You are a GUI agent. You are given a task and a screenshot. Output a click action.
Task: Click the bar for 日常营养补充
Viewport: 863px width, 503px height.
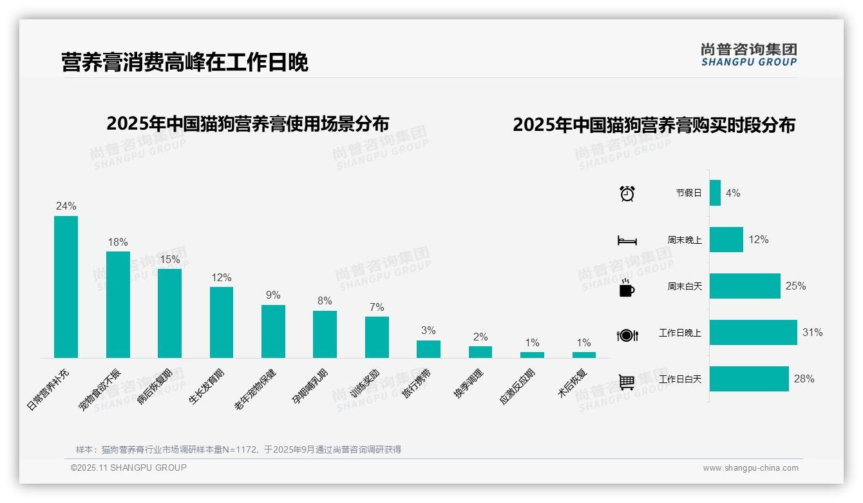coord(66,287)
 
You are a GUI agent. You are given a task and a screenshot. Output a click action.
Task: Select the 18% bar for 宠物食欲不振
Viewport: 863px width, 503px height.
coord(118,304)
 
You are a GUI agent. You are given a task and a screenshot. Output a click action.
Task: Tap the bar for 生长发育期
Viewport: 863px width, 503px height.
coord(222,322)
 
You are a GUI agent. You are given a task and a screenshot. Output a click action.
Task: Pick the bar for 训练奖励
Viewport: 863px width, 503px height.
coord(377,337)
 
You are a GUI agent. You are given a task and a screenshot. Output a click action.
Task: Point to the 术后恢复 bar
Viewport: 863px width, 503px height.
coord(584,355)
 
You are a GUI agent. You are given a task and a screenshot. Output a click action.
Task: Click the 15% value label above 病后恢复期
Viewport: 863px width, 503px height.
coord(170,259)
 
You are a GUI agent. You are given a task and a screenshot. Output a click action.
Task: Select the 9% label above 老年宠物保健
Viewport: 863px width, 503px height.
coord(273,295)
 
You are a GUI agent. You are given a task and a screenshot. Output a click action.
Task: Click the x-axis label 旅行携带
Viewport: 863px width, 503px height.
coord(417,384)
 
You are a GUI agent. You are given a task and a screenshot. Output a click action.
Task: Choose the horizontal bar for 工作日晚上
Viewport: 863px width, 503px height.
coord(753,333)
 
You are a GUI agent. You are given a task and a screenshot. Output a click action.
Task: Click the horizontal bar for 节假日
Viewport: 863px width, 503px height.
coord(715,193)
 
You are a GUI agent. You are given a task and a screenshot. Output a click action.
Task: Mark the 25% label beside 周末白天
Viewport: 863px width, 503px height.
coord(795,286)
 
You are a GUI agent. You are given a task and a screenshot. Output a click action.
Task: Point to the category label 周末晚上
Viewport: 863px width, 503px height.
coord(685,240)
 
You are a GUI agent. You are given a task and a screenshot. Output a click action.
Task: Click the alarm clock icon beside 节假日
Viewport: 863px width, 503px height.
coord(627,193)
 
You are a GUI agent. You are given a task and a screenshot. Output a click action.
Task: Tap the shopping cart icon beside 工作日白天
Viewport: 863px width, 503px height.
coord(627,382)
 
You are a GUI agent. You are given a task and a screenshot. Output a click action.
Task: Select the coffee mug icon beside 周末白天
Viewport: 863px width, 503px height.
coord(627,288)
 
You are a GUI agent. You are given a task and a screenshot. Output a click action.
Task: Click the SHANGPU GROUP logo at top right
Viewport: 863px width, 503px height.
coord(748,55)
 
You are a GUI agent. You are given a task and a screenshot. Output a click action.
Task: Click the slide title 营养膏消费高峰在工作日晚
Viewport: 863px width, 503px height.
coord(185,63)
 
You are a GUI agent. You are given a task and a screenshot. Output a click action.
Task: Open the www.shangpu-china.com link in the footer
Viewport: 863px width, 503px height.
coord(750,468)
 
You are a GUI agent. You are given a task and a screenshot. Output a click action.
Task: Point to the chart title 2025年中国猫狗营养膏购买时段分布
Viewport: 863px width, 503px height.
coord(654,125)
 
